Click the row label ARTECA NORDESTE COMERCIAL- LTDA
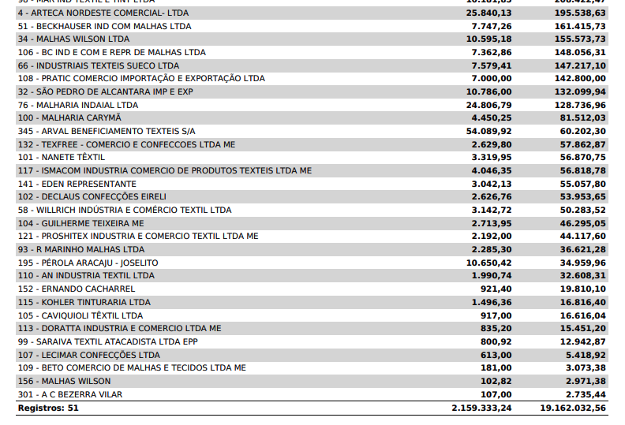103,13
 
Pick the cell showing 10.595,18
488,39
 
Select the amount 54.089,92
488,131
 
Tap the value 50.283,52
582,210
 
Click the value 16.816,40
582,302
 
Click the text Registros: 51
48,408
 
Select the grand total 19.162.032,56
573,408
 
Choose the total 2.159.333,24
481,408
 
